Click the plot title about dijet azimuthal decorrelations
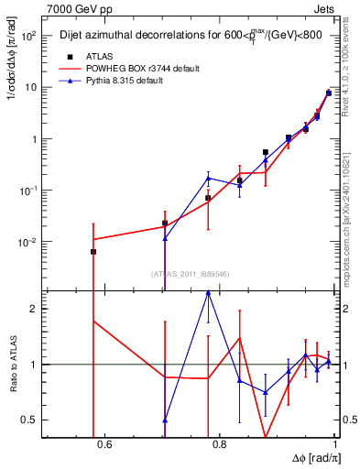click(189, 37)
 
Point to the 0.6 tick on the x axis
click(104, 446)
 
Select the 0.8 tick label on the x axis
click(220, 446)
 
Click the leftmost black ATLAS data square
click(93, 252)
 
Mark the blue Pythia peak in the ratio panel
click(209, 291)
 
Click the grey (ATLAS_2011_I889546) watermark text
click(189, 273)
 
